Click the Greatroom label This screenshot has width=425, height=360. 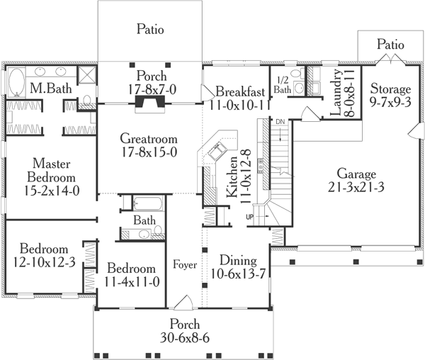(148, 139)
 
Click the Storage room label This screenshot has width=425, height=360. (390, 89)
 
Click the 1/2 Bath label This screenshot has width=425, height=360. (282, 86)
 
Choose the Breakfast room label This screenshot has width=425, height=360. (241, 91)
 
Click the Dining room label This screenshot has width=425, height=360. (237, 260)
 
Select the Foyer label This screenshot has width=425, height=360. (184, 266)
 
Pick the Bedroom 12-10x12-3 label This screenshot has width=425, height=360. (44, 249)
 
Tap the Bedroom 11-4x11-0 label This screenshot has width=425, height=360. (131, 269)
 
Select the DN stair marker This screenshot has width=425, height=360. (280, 123)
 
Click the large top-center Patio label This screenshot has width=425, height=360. (149, 30)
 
